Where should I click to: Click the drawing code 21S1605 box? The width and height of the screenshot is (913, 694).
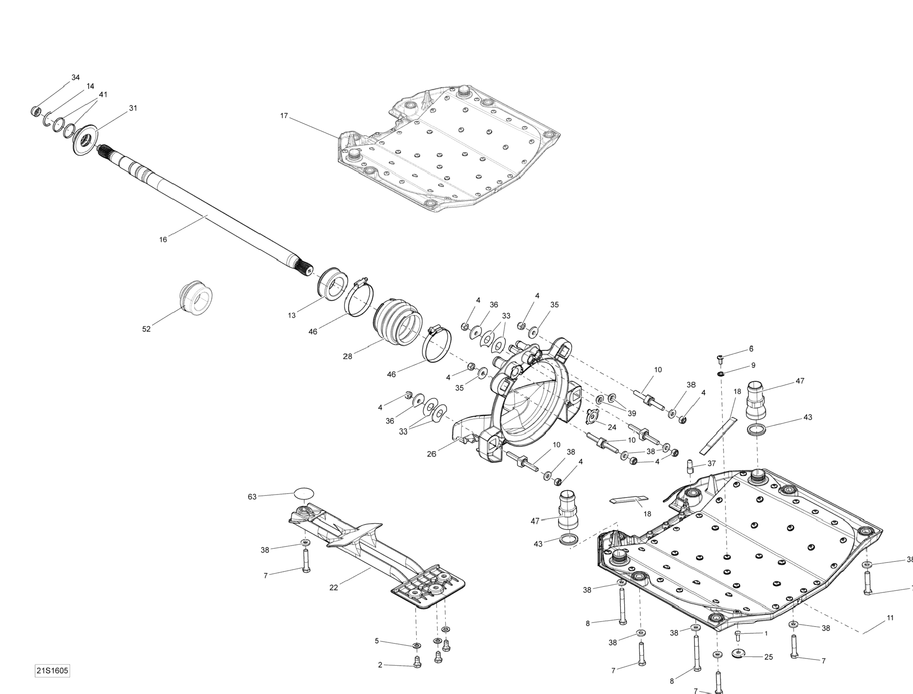(x=52, y=670)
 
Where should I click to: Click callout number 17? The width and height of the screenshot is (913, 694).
(x=284, y=116)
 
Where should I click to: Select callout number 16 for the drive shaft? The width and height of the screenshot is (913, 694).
(x=163, y=240)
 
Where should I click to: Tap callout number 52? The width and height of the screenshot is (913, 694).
(x=146, y=329)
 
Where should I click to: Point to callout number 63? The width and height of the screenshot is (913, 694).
(x=252, y=497)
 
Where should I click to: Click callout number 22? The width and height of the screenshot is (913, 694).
(x=334, y=588)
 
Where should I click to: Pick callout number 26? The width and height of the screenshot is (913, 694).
(x=432, y=454)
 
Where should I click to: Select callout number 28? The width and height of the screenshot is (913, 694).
(x=348, y=357)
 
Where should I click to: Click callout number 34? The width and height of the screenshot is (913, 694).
(x=76, y=78)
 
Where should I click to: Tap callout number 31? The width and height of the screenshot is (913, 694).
(x=133, y=108)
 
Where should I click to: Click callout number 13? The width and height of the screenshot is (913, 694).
(x=292, y=316)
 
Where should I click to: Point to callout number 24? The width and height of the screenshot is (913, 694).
(x=612, y=427)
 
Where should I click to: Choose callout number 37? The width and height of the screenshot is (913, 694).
(x=711, y=463)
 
